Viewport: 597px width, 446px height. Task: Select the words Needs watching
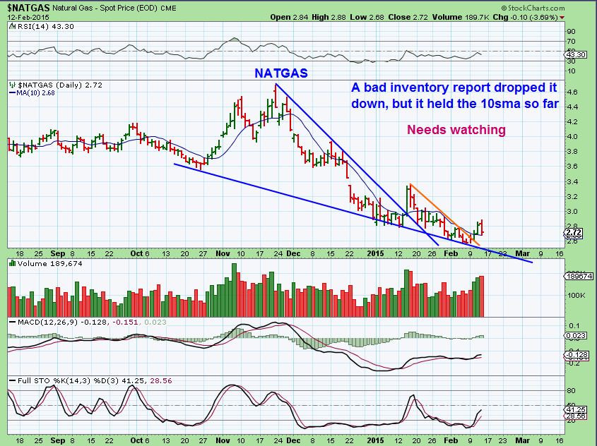pos(456,130)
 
